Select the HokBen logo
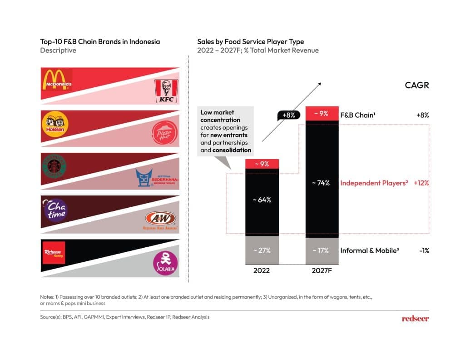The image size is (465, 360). [54, 123]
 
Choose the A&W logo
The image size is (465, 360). [162, 220]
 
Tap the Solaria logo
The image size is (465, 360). [165, 264]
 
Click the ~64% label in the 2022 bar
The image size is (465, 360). [262, 200]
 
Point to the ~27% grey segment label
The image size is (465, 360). [262, 250]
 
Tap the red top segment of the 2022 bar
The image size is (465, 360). [262, 164]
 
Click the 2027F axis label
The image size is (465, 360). [322, 270]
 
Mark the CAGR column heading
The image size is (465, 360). [416, 85]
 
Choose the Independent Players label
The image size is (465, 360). [374, 183]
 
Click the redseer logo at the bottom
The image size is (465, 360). [415, 318]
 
